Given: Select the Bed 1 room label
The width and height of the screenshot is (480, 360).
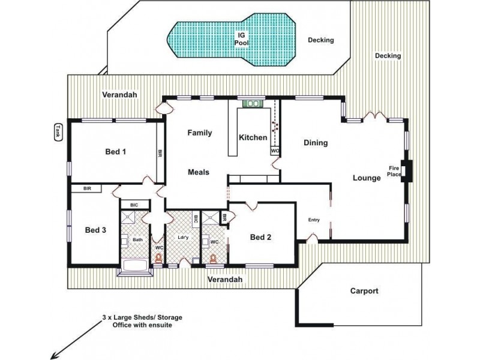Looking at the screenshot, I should [x=116, y=152].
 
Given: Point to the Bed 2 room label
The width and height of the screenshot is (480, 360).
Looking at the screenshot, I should [x=261, y=237].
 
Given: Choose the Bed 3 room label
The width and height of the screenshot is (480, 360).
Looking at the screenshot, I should [x=95, y=230].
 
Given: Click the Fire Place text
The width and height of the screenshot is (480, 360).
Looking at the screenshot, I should [x=394, y=172].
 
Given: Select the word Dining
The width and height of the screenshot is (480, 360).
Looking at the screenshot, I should [x=315, y=143].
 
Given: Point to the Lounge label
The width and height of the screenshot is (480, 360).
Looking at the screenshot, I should [x=367, y=178].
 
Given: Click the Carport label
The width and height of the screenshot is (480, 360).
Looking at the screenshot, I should [x=364, y=291].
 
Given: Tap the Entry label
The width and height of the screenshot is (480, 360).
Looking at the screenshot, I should [x=314, y=220].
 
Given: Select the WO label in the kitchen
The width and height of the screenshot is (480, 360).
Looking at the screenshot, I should [x=275, y=151].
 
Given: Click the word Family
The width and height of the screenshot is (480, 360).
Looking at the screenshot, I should [x=200, y=133].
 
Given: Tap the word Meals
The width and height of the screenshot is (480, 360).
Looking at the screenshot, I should [x=198, y=172].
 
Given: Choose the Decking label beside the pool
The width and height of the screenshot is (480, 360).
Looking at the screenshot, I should [x=320, y=40].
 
